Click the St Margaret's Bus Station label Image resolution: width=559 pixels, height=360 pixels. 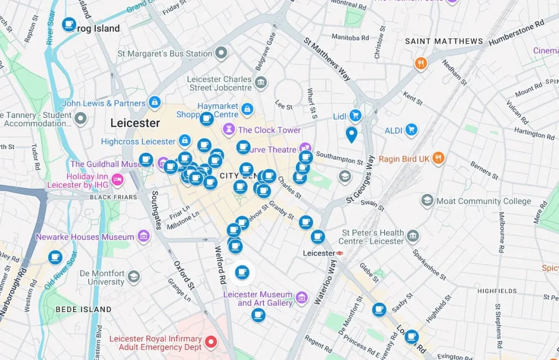[165, 54]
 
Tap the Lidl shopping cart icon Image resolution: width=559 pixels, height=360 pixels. [355, 115]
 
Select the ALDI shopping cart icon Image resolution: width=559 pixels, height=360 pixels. [411, 129]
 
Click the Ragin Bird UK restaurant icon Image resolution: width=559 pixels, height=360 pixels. [438, 158]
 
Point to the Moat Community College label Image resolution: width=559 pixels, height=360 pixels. [483, 201]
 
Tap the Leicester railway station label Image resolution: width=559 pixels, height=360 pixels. [319, 253]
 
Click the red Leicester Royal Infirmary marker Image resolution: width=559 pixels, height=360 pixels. [210, 344]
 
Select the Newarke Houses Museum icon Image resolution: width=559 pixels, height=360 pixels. [143, 237]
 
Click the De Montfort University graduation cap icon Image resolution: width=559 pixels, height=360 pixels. [133, 277]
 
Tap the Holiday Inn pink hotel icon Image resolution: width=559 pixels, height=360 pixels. [117, 180]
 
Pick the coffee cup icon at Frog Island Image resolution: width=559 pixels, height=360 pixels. [69, 24]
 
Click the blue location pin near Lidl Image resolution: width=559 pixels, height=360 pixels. [352, 134]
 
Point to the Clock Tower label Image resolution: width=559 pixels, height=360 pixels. [269, 130]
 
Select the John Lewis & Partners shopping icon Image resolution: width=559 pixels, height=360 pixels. [155, 102]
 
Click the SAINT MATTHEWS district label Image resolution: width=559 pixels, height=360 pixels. [444, 42]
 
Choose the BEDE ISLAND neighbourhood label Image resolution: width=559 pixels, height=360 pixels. [84, 309]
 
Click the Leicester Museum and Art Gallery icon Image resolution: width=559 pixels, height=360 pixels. [301, 298]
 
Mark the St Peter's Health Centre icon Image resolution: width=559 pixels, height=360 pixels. [413, 236]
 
